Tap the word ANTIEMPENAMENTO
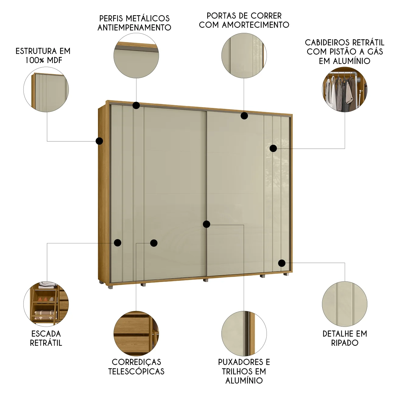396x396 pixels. point(134,27)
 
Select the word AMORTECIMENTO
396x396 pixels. point(256,25)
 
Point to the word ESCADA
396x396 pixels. point(46,334)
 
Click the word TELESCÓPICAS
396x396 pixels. point(136,371)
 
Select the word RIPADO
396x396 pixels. point(345,343)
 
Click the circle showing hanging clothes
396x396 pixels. point(345,90)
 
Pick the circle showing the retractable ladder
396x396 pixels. point(46,304)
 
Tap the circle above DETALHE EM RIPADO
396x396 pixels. point(345,304)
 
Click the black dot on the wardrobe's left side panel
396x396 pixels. point(99,141)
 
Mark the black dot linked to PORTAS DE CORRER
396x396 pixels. point(244,116)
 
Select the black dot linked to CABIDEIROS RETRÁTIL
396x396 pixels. point(273,148)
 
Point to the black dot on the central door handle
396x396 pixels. point(206,224)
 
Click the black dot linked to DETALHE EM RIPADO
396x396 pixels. point(282,263)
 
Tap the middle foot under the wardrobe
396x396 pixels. point(206,280)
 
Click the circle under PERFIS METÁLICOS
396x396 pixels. point(136,56)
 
